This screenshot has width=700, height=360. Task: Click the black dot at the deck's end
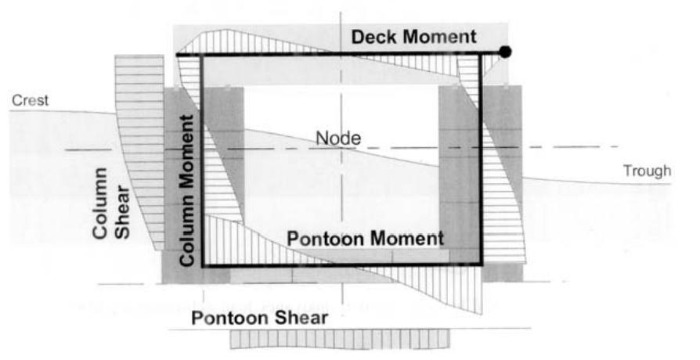pos(507,52)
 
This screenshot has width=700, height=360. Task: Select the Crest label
pos(30,100)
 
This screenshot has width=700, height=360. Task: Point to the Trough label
pos(647,171)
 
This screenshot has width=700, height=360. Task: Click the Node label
pos(338,139)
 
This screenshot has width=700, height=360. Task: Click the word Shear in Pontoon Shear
pos(302,318)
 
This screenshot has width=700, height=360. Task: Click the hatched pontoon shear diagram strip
pos(339,339)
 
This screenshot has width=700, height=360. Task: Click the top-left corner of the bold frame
pos(203,54)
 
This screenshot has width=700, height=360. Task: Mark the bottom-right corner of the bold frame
pos(481,266)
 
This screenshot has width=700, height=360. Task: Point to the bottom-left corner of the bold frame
pos(204,266)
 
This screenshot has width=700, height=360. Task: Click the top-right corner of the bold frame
pos(481,54)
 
